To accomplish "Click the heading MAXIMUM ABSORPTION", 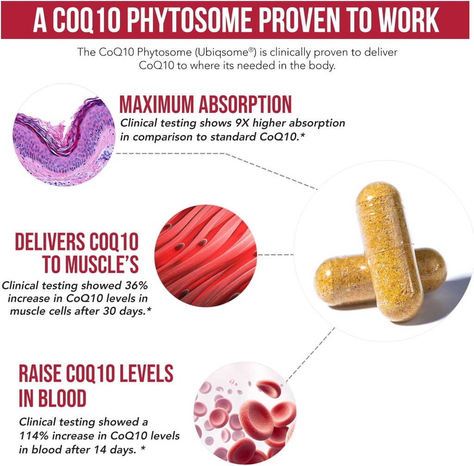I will coord(206,105).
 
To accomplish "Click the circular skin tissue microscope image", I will coord(64,135).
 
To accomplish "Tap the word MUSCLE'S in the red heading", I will coord(91,264).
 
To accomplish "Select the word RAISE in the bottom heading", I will coord(44,374).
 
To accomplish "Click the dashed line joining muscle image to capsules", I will coord(275,254).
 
